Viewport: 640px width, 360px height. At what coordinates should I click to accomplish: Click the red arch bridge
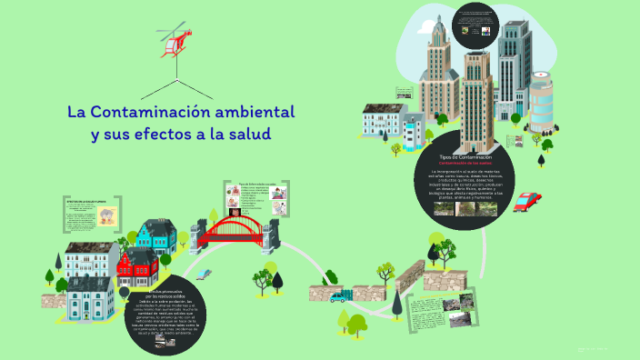click(233, 230)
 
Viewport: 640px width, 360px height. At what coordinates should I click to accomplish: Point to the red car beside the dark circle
click(526, 202)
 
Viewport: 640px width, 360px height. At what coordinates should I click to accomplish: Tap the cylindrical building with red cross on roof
click(541, 105)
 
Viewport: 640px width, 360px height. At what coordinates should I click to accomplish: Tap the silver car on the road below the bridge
click(205, 272)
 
